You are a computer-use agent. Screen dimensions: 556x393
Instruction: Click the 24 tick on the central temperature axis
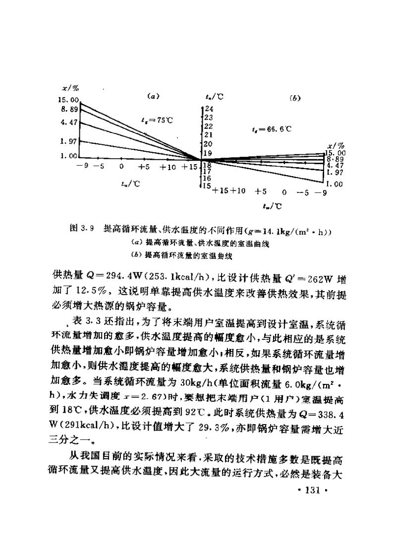tap(209, 108)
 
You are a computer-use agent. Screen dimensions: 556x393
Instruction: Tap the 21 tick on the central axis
tap(209, 134)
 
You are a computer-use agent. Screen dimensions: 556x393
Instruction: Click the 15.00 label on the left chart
tap(69, 100)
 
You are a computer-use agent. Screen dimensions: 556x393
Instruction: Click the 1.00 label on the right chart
tap(335, 184)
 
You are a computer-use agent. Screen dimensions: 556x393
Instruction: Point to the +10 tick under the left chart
tap(168, 167)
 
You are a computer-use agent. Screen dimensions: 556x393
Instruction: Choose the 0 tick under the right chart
tap(284, 191)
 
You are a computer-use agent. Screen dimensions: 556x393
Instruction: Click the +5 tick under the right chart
tap(261, 191)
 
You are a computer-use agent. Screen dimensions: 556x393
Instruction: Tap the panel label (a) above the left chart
tap(153, 96)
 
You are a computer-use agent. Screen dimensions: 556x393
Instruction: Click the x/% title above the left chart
tap(70, 89)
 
